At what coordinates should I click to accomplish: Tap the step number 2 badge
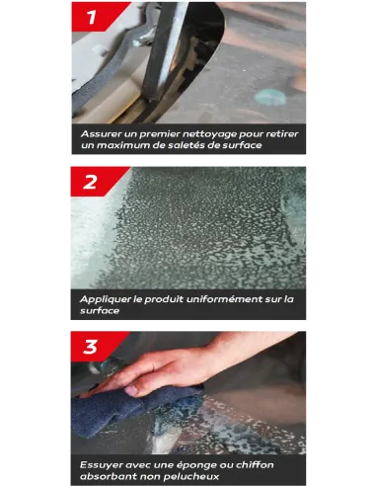[97, 182]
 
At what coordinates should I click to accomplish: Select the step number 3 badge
[97, 347]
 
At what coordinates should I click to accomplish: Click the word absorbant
[109, 476]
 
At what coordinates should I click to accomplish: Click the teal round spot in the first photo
[270, 98]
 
